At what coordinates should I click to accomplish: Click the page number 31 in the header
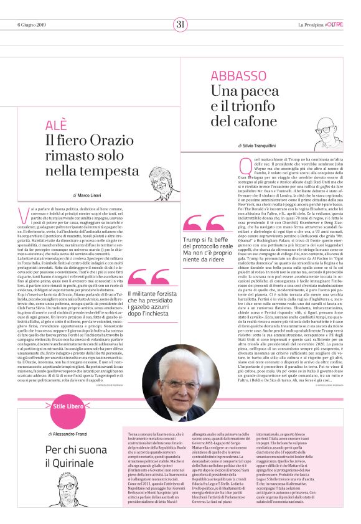click(x=180, y=24)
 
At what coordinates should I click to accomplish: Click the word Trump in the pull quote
click(x=192, y=240)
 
